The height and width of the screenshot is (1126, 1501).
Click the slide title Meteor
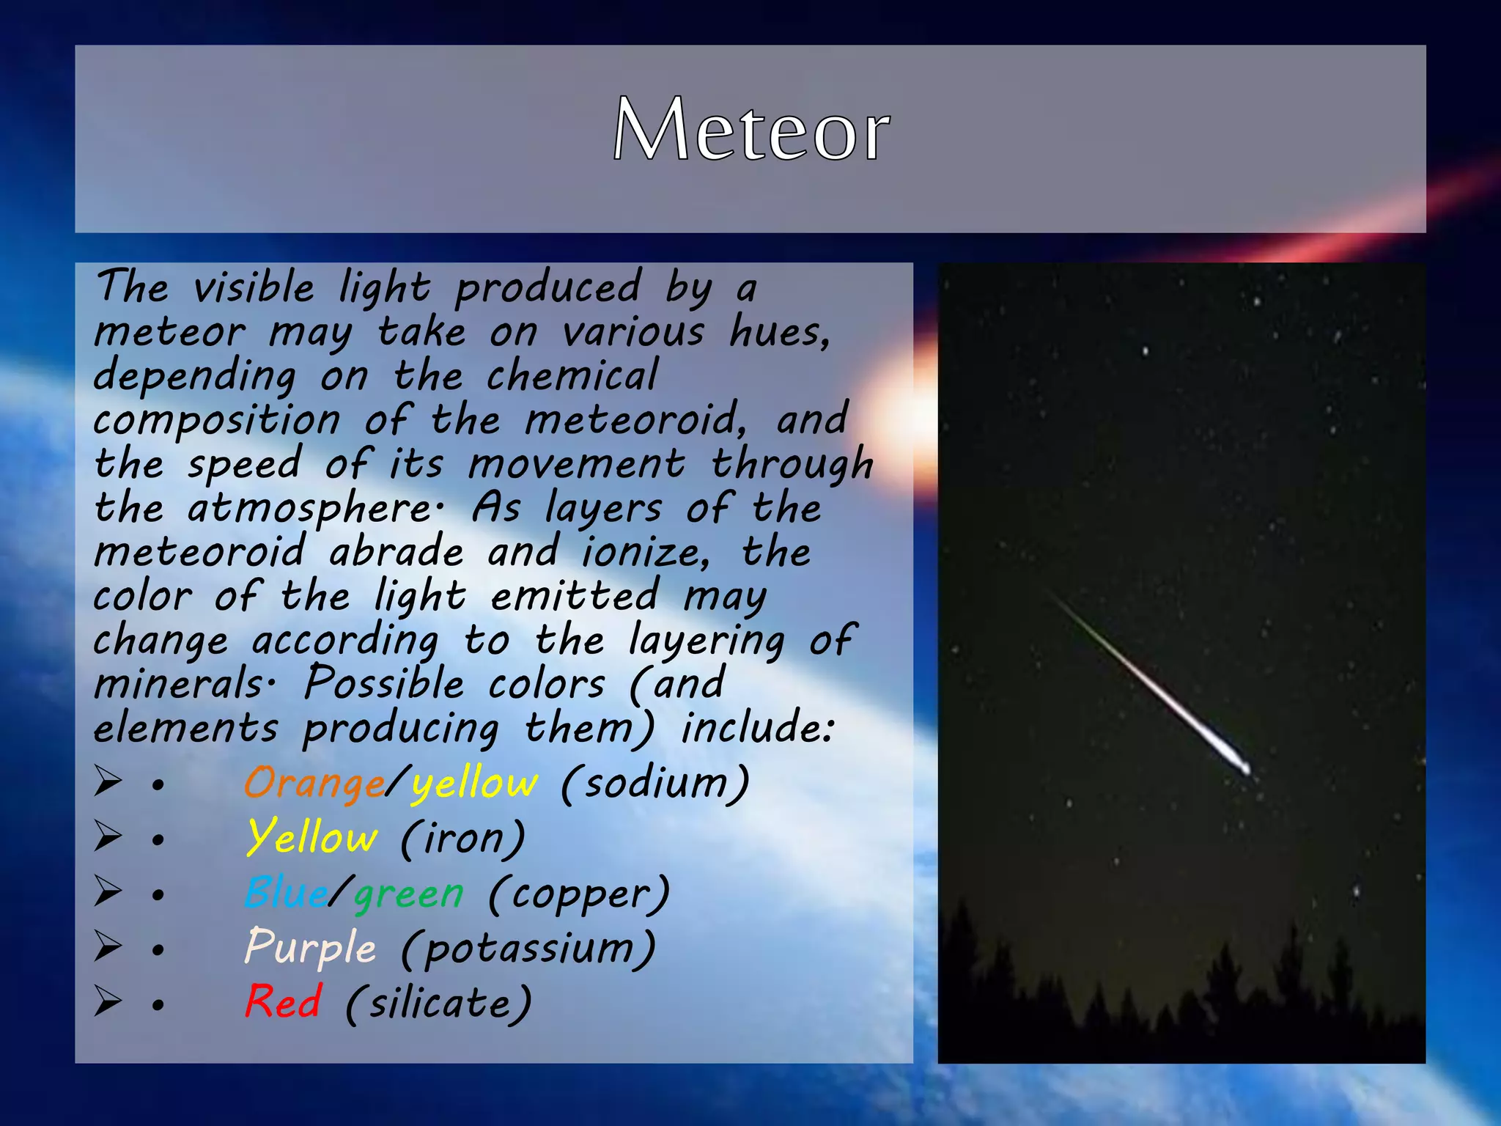tap(750, 130)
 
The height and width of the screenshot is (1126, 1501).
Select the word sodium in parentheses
tap(655, 783)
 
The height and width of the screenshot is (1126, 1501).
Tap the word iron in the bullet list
tap(463, 838)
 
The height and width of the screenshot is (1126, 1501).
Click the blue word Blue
tap(286, 894)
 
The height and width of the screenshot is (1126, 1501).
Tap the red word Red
tap(283, 1002)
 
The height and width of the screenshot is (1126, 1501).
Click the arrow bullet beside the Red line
tap(108, 1001)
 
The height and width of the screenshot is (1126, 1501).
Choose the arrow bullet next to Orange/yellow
tap(108, 781)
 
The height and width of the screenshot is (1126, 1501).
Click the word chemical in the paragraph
tap(572, 377)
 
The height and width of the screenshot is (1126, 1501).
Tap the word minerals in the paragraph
tap(179, 685)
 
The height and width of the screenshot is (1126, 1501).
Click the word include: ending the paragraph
tap(756, 729)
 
